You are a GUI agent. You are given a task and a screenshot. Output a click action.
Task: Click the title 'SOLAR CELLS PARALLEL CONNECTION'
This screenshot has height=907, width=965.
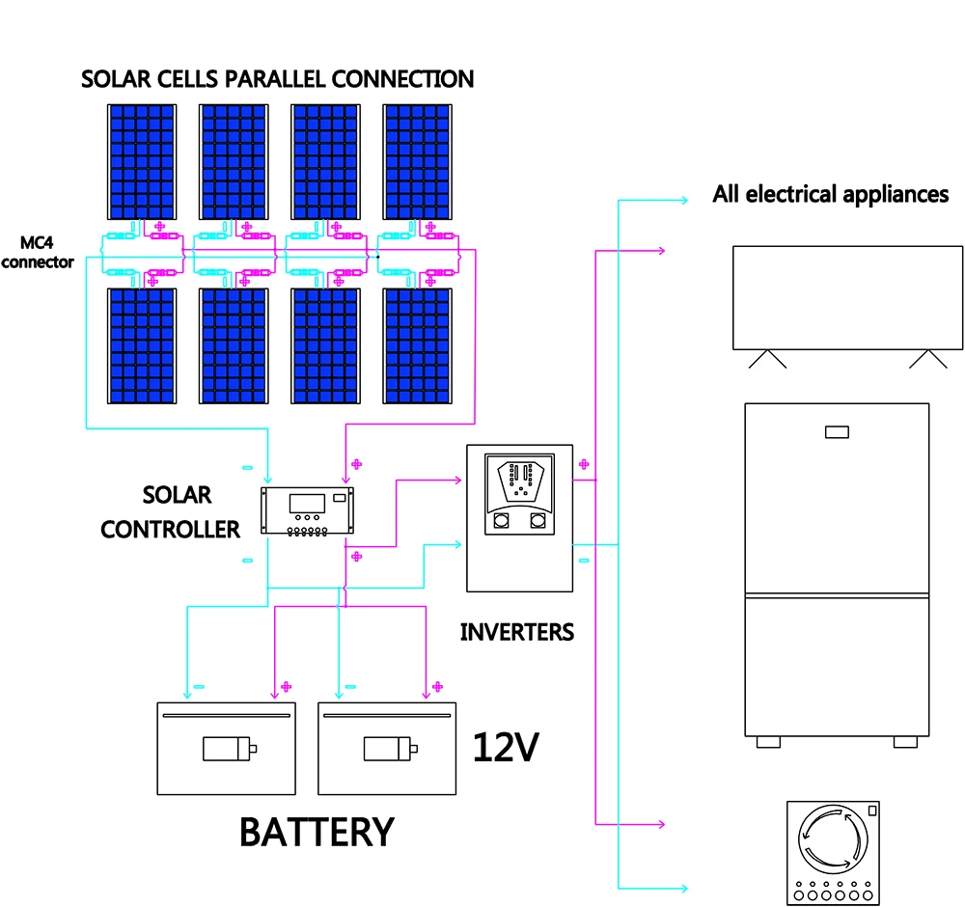(277, 78)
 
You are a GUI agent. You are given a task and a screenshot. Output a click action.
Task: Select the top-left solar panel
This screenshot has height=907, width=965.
(141, 161)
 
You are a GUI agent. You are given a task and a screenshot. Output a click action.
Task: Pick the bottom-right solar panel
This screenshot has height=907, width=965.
(418, 345)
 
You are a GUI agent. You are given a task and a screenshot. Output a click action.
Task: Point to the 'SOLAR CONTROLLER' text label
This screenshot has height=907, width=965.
(171, 512)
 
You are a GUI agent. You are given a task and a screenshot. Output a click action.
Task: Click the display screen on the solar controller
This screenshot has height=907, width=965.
(307, 503)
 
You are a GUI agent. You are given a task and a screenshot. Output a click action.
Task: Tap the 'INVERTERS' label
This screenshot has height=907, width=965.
(516, 633)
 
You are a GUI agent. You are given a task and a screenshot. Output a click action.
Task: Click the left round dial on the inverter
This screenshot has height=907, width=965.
(502, 522)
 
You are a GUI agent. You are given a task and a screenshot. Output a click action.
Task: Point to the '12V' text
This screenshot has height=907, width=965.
(505, 748)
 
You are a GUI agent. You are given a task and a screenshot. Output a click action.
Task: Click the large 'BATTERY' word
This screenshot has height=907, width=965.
(317, 832)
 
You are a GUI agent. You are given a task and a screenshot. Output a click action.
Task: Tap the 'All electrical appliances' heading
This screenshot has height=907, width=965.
(830, 194)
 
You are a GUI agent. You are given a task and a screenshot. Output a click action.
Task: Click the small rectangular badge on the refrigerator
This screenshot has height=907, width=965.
(837, 431)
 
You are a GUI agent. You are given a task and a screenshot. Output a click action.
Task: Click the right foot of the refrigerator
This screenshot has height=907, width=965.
(905, 742)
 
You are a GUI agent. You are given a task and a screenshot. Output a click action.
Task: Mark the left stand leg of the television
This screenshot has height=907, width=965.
(768, 359)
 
